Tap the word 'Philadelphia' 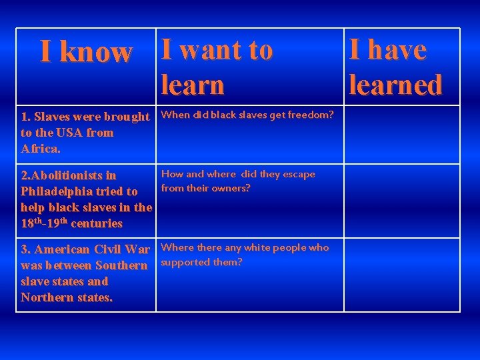[59, 191]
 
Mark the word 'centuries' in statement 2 [97, 223]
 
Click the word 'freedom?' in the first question [312, 115]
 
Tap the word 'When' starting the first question [175, 115]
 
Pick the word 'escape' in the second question [299, 175]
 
